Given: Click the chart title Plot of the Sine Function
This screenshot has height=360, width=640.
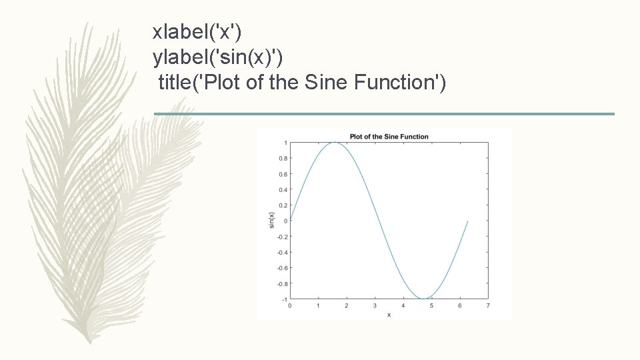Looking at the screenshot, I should click(389, 137).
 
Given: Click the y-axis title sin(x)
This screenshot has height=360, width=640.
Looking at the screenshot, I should click(271, 220).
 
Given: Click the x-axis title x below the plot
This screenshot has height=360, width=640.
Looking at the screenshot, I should click(389, 315).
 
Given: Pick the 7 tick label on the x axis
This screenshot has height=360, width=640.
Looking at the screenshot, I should click(488, 305).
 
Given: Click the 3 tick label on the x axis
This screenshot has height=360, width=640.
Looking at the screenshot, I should click(375, 305).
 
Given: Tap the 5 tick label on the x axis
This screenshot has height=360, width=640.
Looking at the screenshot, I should click(431, 305).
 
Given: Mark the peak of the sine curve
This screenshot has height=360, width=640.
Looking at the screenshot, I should click(334, 143).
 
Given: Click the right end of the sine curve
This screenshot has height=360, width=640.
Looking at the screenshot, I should click(468, 221).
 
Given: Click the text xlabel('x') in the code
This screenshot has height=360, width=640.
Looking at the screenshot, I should click(198, 31).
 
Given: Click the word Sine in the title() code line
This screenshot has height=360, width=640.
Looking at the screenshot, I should click(327, 83).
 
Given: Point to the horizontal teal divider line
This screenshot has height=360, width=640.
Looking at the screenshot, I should click(384, 114).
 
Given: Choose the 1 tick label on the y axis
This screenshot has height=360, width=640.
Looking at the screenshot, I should click(285, 143).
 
